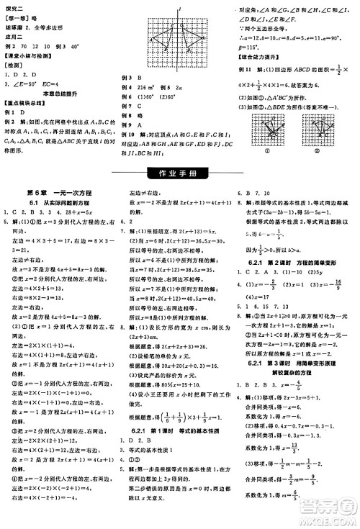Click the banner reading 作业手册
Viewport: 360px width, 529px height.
coord(179,173)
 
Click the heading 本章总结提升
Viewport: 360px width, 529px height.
coord(60,94)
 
